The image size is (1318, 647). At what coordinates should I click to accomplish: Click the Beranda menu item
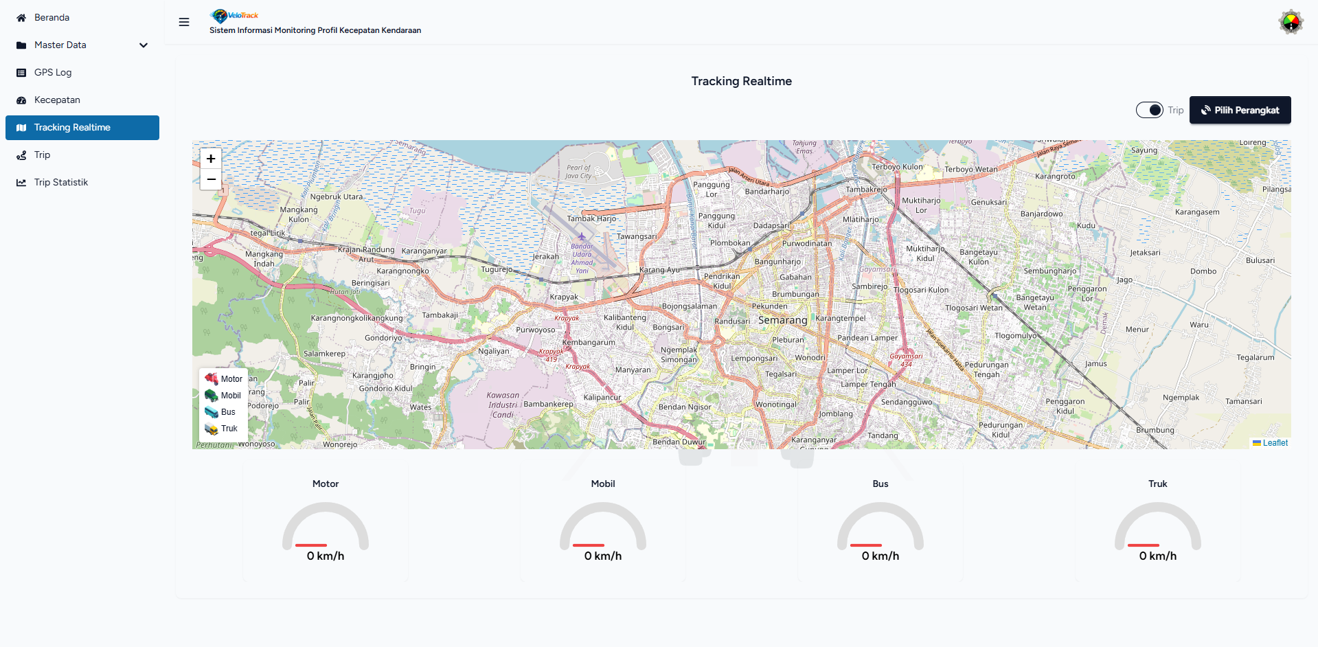pyautogui.click(x=52, y=18)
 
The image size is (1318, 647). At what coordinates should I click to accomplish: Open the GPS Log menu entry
pyautogui.click(x=53, y=73)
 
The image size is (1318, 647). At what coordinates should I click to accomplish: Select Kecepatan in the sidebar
pyautogui.click(x=57, y=100)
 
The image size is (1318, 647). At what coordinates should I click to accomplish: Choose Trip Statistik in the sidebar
pyautogui.click(x=60, y=183)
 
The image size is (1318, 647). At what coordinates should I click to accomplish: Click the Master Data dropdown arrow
pyautogui.click(x=144, y=45)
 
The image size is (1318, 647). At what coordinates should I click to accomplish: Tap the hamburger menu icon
pyautogui.click(x=184, y=22)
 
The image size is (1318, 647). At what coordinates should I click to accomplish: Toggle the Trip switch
pyautogui.click(x=1149, y=110)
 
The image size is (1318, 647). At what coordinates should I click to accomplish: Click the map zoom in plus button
pyautogui.click(x=211, y=159)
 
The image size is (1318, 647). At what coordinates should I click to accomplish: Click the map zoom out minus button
pyautogui.click(x=211, y=179)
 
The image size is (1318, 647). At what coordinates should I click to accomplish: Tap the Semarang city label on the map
pyautogui.click(x=782, y=320)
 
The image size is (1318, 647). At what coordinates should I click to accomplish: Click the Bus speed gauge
pyautogui.click(x=880, y=526)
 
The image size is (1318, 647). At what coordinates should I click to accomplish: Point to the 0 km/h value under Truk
pyautogui.click(x=1157, y=556)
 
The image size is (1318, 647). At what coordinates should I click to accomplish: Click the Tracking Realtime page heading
pyautogui.click(x=741, y=81)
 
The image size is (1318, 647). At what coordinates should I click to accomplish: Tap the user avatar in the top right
pyautogui.click(x=1291, y=22)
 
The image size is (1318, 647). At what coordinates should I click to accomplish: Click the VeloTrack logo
pyautogui.click(x=235, y=15)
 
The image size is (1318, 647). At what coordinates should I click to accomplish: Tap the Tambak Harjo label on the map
pyautogui.click(x=591, y=219)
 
